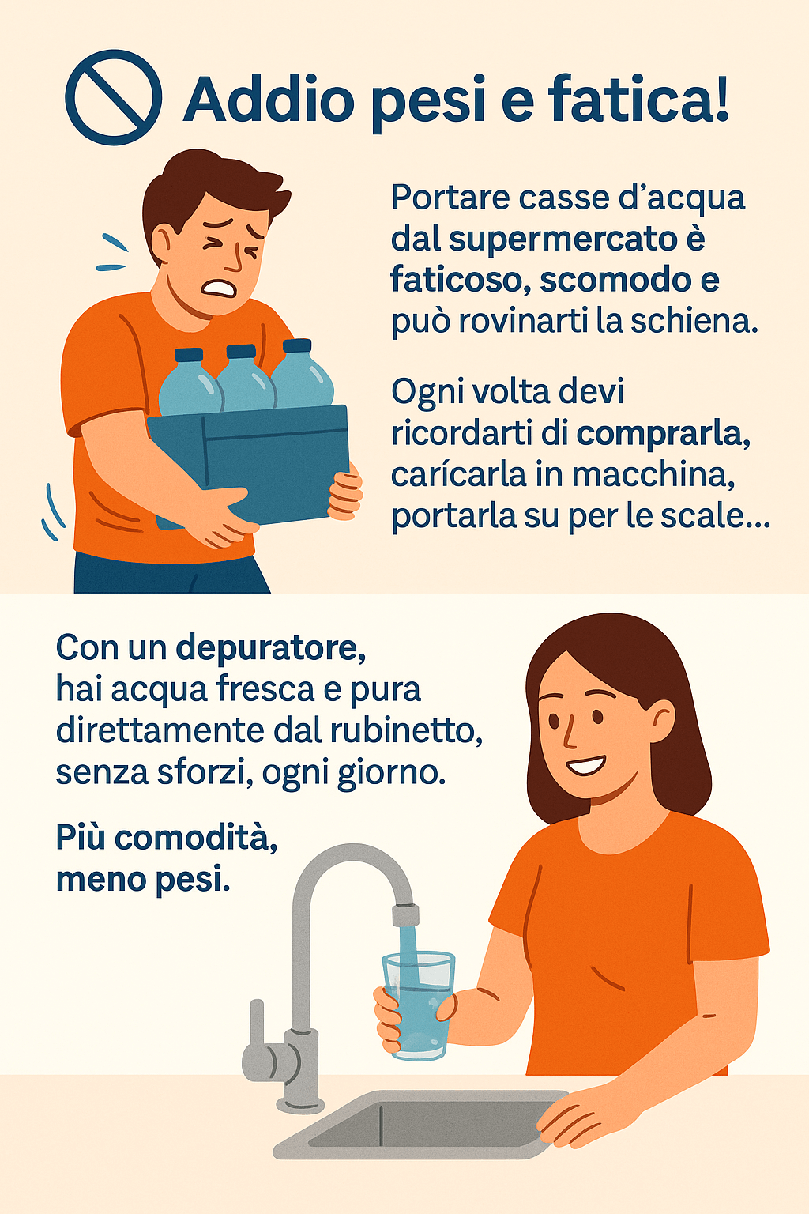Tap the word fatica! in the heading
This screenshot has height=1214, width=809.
[638, 99]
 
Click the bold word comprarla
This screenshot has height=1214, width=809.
[664, 435]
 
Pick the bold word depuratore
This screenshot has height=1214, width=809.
[270, 649]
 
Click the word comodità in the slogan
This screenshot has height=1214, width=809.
[196, 838]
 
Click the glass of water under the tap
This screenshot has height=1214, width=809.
[418, 1005]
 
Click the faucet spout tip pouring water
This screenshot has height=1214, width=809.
[405, 914]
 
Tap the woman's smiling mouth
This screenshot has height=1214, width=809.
[587, 765]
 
